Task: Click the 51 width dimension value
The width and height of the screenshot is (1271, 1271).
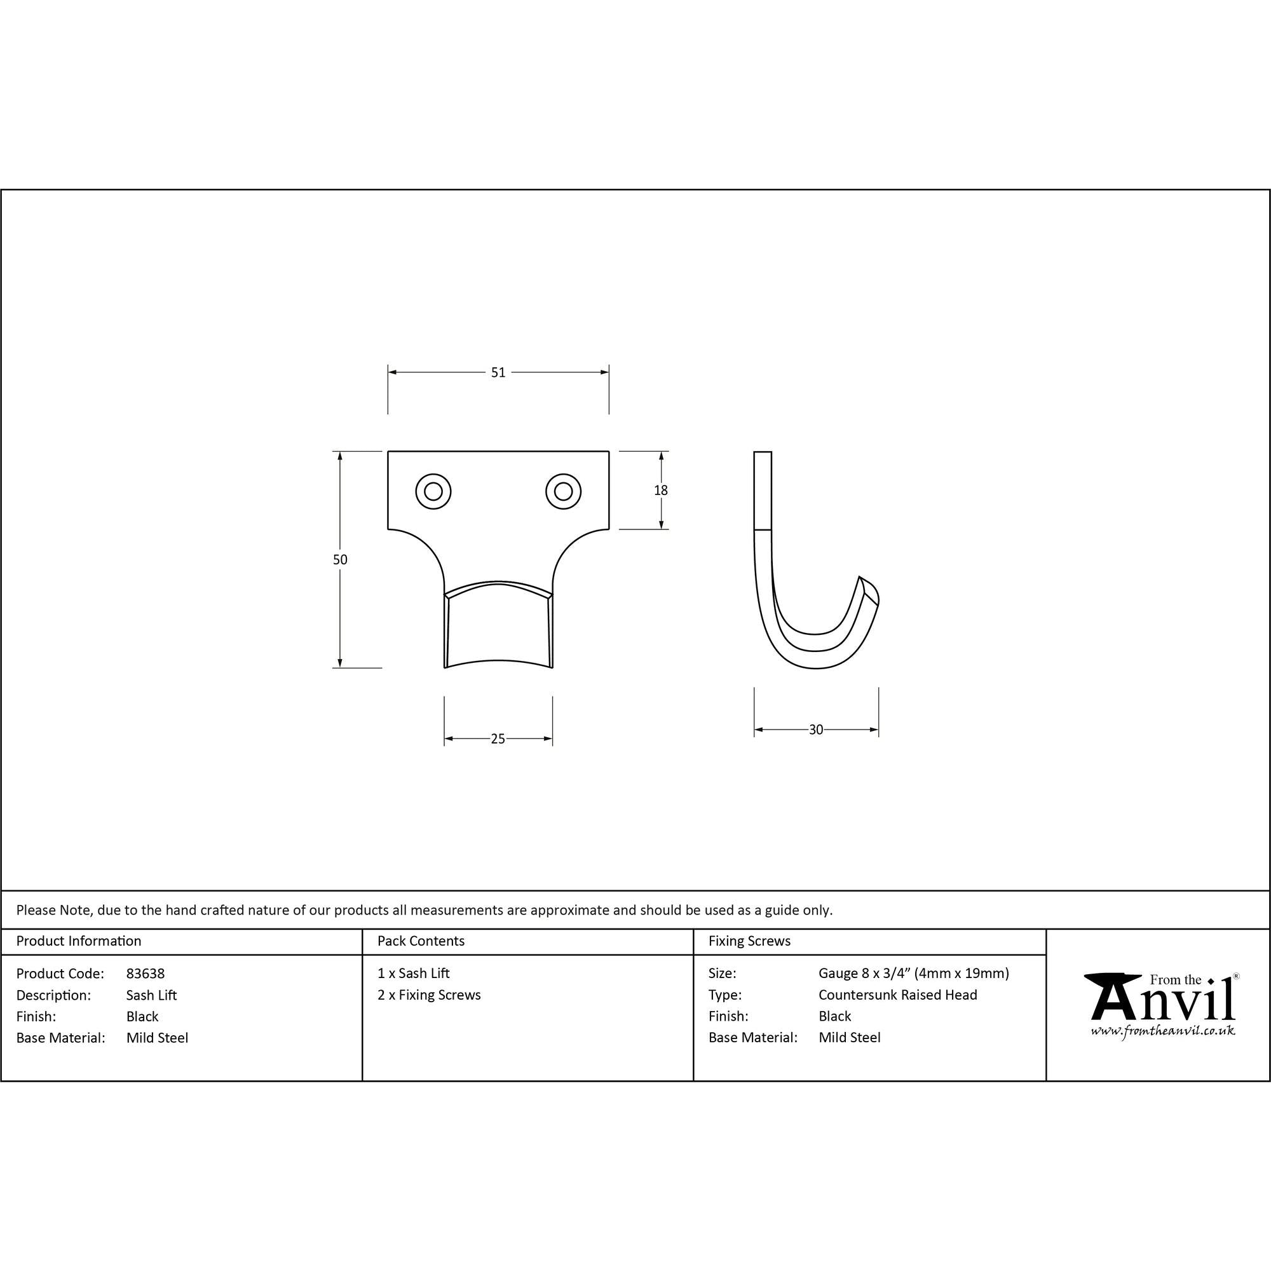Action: [x=498, y=372]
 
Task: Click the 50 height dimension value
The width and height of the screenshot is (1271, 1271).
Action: [x=340, y=559]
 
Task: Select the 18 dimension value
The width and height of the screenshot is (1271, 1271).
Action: [x=660, y=490]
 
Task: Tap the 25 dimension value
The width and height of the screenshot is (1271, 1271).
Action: [x=498, y=739]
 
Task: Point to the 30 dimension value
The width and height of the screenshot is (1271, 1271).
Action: [x=816, y=730]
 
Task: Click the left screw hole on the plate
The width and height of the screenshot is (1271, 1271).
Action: [x=433, y=491]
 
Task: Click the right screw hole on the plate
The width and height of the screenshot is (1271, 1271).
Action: [x=563, y=491]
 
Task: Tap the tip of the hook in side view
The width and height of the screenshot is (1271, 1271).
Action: [x=859, y=577]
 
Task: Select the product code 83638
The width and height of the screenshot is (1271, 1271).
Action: [x=146, y=974]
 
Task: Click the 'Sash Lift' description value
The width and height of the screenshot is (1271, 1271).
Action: [x=151, y=995]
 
